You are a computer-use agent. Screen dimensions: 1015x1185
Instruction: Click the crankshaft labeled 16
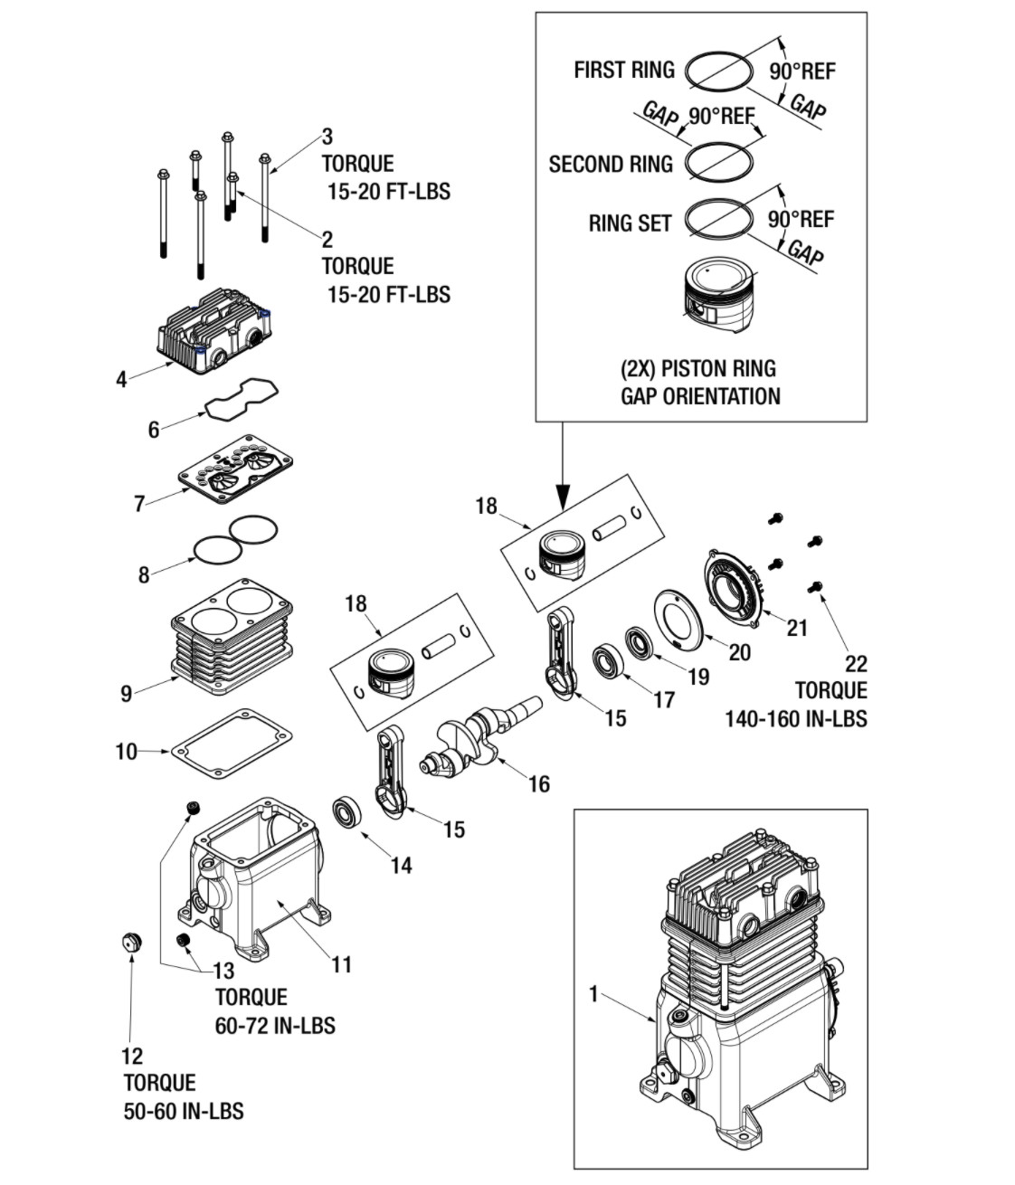tap(480, 736)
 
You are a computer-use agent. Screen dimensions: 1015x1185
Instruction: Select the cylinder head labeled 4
tap(215, 330)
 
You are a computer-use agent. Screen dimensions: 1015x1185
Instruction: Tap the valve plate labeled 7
tap(236, 469)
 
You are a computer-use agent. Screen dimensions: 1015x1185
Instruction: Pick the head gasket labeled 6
tap(242, 400)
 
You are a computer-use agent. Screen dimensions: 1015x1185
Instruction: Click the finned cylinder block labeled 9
tap(232, 636)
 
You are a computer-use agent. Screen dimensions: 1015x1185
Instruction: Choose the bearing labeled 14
tap(347, 811)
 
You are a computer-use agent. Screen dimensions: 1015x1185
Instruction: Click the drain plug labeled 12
tap(132, 943)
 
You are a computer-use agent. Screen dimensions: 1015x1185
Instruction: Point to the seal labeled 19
tap(637, 643)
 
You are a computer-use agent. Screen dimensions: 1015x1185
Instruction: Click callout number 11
tap(342, 964)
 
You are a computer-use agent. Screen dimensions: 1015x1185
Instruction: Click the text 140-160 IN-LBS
tap(796, 718)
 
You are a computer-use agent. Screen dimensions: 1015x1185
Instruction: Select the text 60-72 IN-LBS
tap(275, 1026)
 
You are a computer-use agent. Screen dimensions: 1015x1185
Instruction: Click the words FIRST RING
tap(624, 70)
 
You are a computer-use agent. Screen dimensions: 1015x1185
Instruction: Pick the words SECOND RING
tap(611, 164)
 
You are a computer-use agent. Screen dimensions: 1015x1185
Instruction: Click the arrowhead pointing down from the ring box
tap(563, 497)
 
